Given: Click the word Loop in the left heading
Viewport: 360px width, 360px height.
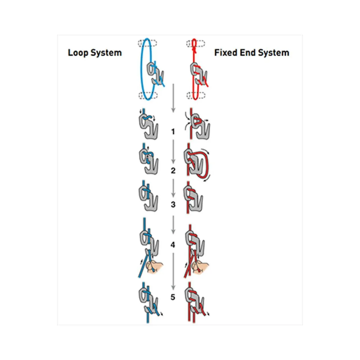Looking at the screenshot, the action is tap(78, 53).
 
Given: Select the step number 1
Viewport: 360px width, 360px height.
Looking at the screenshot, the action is tap(173, 132).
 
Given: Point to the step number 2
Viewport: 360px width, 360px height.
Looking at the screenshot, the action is tap(173, 170).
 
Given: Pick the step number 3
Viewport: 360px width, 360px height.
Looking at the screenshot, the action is tap(173, 204).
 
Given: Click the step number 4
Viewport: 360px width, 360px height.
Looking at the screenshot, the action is tap(173, 245).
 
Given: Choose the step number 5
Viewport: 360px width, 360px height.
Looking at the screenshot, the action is tap(173, 297).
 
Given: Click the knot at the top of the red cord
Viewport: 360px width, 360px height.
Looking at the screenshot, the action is tap(194, 50).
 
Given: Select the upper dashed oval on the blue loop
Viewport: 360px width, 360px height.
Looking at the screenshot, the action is tap(147, 43).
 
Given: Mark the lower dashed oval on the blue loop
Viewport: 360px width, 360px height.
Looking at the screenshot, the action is tap(148, 95).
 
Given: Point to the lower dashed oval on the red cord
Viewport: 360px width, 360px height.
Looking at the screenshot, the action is tap(196, 95).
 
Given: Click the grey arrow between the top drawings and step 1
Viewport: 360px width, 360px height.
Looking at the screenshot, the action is tap(173, 98).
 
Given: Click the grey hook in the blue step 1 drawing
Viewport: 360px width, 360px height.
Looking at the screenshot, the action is tap(148, 127).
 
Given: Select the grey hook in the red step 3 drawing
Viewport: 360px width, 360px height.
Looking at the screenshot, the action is tap(193, 199).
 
